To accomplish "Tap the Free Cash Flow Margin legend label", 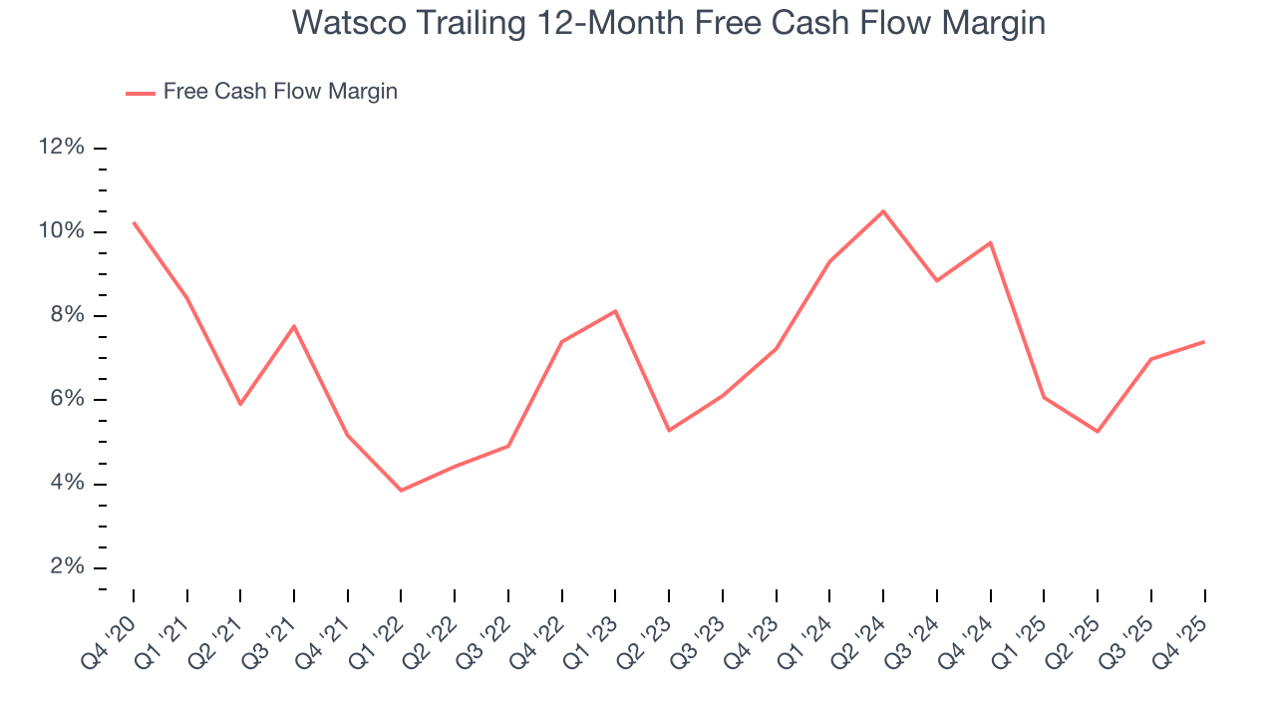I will coord(280,92).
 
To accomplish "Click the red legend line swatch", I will coord(141,93).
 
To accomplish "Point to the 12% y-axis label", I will coord(61,148).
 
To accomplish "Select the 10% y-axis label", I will coord(61,231).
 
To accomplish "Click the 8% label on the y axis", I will coord(66,316).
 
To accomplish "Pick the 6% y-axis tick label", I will coord(66,400).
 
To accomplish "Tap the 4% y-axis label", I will coord(66,484).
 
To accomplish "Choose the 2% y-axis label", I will coord(66,567).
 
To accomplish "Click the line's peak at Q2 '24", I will coord(883,211).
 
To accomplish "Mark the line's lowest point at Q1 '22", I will coord(401,491).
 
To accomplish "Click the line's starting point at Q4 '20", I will coord(134,222).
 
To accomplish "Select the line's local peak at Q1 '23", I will coord(615,311).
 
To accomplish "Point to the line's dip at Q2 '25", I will coord(1098,432).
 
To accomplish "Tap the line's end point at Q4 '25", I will coord(1204,342).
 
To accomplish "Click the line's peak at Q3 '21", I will coord(294,326).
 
